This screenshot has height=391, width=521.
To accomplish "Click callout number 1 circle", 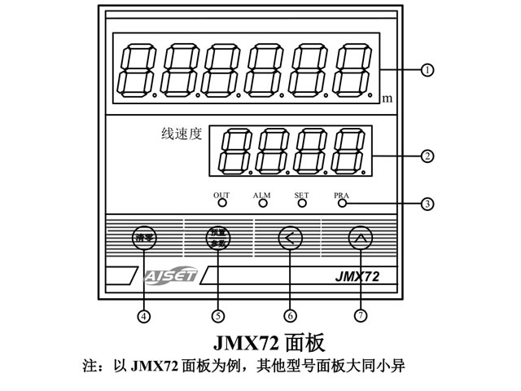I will (427, 70).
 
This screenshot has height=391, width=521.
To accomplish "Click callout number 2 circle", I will (427, 154).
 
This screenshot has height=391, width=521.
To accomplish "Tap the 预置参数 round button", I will (217, 239).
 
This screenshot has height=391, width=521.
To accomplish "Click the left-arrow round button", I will (289, 239).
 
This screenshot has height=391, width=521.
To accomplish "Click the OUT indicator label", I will (221, 195).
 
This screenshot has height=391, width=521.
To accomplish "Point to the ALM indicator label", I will (261, 195).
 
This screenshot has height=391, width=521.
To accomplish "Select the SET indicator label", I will (301, 195).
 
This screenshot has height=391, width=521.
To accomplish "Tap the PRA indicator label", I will (341, 195).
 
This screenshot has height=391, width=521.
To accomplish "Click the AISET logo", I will (168, 275).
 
